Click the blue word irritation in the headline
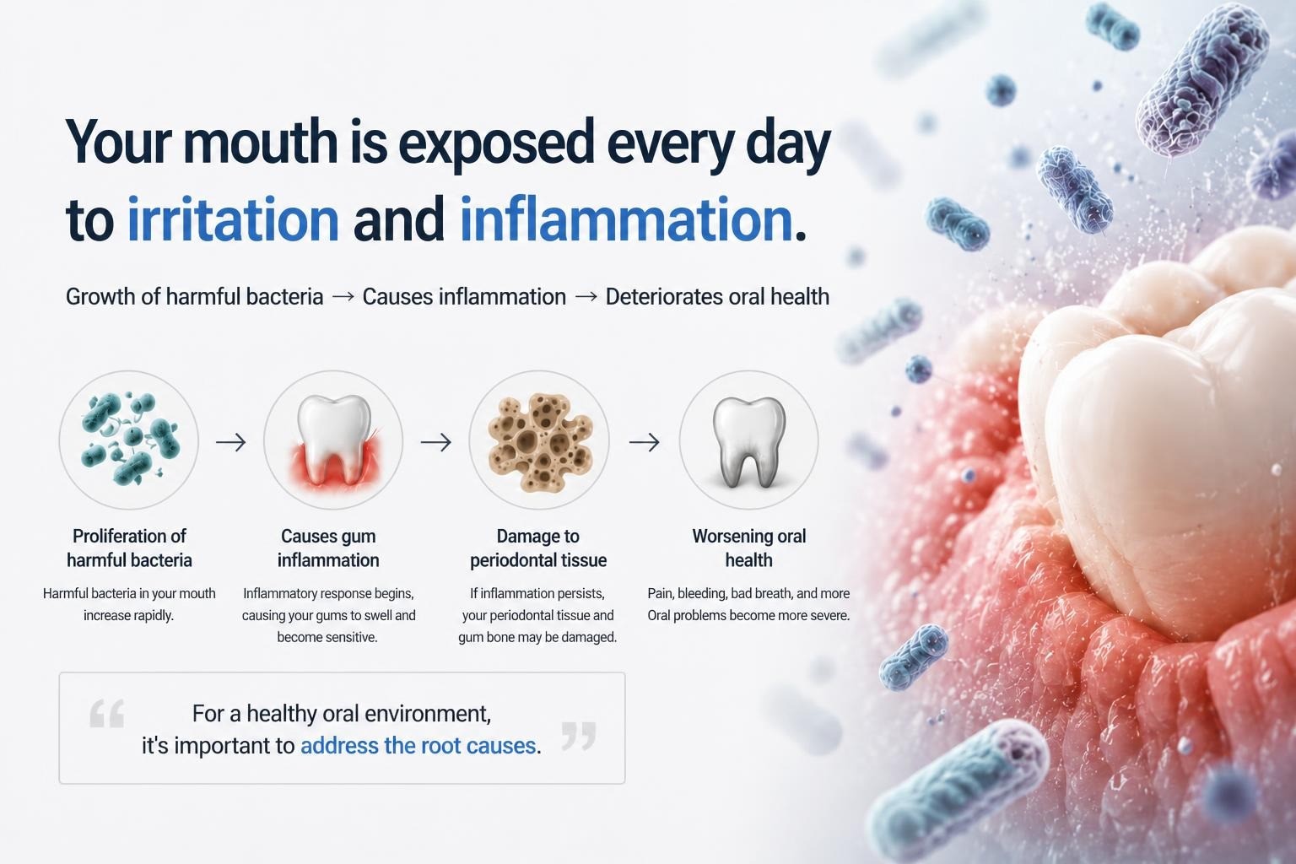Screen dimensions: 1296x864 coord(233,219)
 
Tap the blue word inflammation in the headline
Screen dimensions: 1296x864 coord(625,219)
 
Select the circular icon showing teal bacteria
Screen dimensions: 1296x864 coord(128,440)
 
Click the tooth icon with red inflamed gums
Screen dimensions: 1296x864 coord(333,440)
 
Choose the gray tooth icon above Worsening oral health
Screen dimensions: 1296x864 coord(748,440)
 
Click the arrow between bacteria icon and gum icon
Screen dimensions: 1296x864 coord(231,442)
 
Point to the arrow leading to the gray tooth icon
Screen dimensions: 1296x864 coord(644,442)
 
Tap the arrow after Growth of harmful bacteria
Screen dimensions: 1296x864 coord(343,297)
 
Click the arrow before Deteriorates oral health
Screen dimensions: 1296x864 coord(586,297)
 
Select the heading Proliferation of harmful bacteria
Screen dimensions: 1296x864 coord(129,548)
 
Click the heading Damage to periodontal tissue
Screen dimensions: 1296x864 coord(538,548)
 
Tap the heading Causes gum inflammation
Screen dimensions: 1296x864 coord(328,548)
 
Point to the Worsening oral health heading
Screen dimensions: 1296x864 coord(748,548)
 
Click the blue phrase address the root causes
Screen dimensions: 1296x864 coord(418,746)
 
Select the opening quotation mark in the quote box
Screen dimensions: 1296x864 coord(107,713)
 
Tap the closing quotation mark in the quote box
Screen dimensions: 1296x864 coord(579,736)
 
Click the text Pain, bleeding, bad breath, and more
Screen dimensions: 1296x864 coord(748,593)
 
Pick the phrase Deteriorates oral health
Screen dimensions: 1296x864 coord(717,297)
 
